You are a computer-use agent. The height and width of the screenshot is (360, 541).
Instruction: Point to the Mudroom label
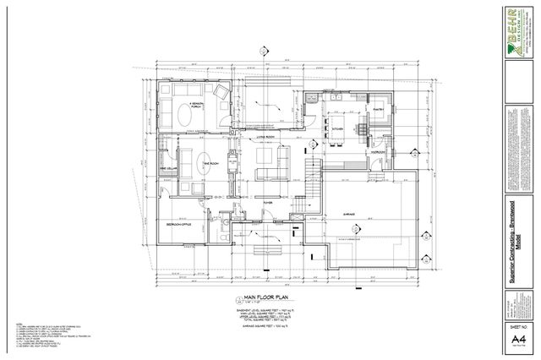[377, 153]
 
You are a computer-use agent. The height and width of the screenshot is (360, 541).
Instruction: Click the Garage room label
[348, 213]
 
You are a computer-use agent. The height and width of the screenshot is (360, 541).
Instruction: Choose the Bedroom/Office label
[179, 224]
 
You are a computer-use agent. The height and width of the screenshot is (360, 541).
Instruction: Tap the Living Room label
[268, 136]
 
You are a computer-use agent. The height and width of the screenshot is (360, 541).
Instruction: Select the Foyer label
[268, 203]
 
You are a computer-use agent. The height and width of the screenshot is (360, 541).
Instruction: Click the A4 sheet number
[514, 339]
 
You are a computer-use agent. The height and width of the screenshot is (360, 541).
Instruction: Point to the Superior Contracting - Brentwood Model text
[515, 228]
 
